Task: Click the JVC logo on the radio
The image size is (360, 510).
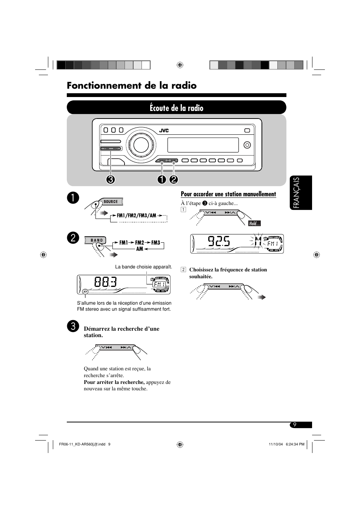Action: tap(163, 131)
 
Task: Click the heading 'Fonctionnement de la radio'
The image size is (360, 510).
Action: tap(132, 86)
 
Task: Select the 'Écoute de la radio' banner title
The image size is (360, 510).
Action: tap(176, 108)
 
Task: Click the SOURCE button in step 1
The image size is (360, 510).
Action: tap(111, 202)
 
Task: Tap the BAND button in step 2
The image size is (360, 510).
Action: tap(97, 240)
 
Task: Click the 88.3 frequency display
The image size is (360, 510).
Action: tap(105, 282)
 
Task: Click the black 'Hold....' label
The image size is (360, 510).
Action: tap(254, 223)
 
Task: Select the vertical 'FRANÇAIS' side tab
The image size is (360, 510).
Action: tap(302, 193)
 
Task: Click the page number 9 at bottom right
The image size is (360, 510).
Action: tap(295, 425)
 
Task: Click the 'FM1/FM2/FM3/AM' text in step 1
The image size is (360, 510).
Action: tap(136, 216)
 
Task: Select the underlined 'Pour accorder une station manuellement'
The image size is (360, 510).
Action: tap(228, 194)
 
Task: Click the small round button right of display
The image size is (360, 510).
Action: tap(247, 145)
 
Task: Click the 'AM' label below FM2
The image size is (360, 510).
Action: tap(140, 249)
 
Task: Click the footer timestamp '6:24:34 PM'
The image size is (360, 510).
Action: tap(292, 444)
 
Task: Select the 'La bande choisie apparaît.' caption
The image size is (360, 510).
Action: tap(143, 267)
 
